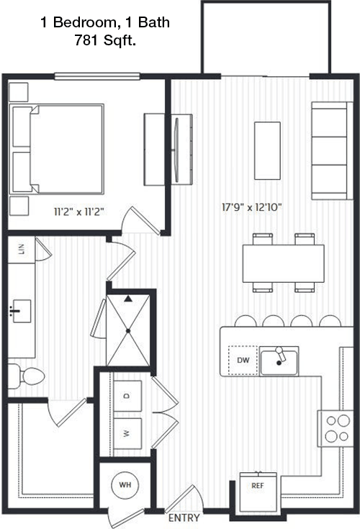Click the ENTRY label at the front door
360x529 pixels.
[184, 518]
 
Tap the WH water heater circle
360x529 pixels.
[125, 485]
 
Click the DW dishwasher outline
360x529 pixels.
[243, 361]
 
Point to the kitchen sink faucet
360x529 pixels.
[280, 354]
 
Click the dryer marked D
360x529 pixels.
[127, 396]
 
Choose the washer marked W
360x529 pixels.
[127, 433]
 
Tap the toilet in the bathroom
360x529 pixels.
[26, 376]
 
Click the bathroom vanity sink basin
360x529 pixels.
[22, 311]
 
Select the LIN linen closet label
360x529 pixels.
[22, 249]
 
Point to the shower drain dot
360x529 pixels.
[128, 331]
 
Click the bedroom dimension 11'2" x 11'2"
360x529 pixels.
[79, 212]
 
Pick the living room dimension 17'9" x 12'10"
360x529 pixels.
[252, 207]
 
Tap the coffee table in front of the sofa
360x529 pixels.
[267, 151]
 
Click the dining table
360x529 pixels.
[284, 263]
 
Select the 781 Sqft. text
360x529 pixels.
[105, 40]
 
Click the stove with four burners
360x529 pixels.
[336, 428]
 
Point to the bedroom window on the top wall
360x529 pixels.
[97, 76]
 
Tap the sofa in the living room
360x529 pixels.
[332, 151]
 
